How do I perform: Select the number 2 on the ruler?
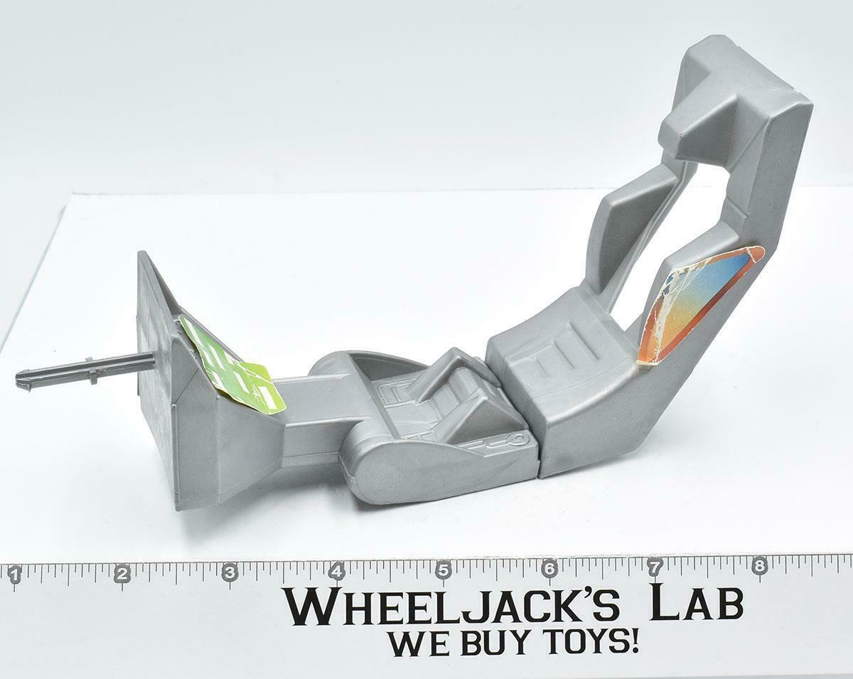[x=123, y=574]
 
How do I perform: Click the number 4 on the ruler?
[x=337, y=572]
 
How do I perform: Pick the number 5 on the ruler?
[x=443, y=571]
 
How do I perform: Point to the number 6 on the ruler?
[x=549, y=570]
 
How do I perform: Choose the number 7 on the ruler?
[x=655, y=568]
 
